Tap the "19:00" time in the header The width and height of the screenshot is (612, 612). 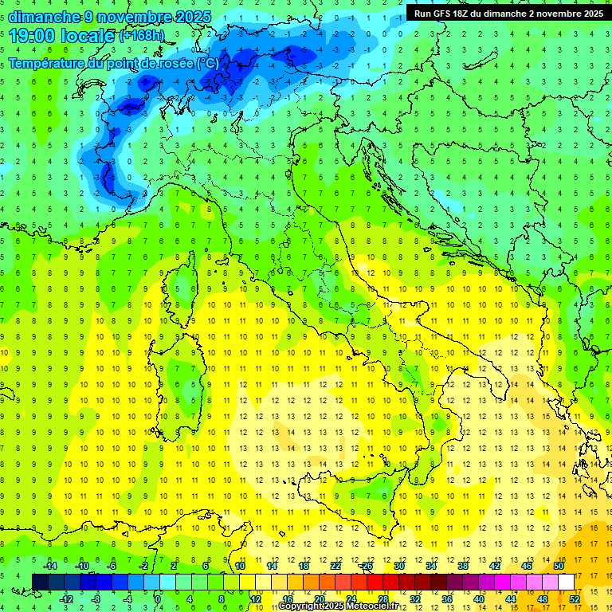click(33, 36)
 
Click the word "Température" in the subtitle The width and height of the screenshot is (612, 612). click(46, 62)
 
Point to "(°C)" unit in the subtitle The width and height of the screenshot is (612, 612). click(206, 62)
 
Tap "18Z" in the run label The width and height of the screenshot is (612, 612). click(468, 14)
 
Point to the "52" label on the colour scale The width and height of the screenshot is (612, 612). click(574, 598)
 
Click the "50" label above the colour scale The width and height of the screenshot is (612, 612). click(559, 566)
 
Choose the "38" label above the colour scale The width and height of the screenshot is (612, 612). click(463, 566)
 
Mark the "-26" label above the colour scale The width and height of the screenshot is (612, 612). click(366, 566)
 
